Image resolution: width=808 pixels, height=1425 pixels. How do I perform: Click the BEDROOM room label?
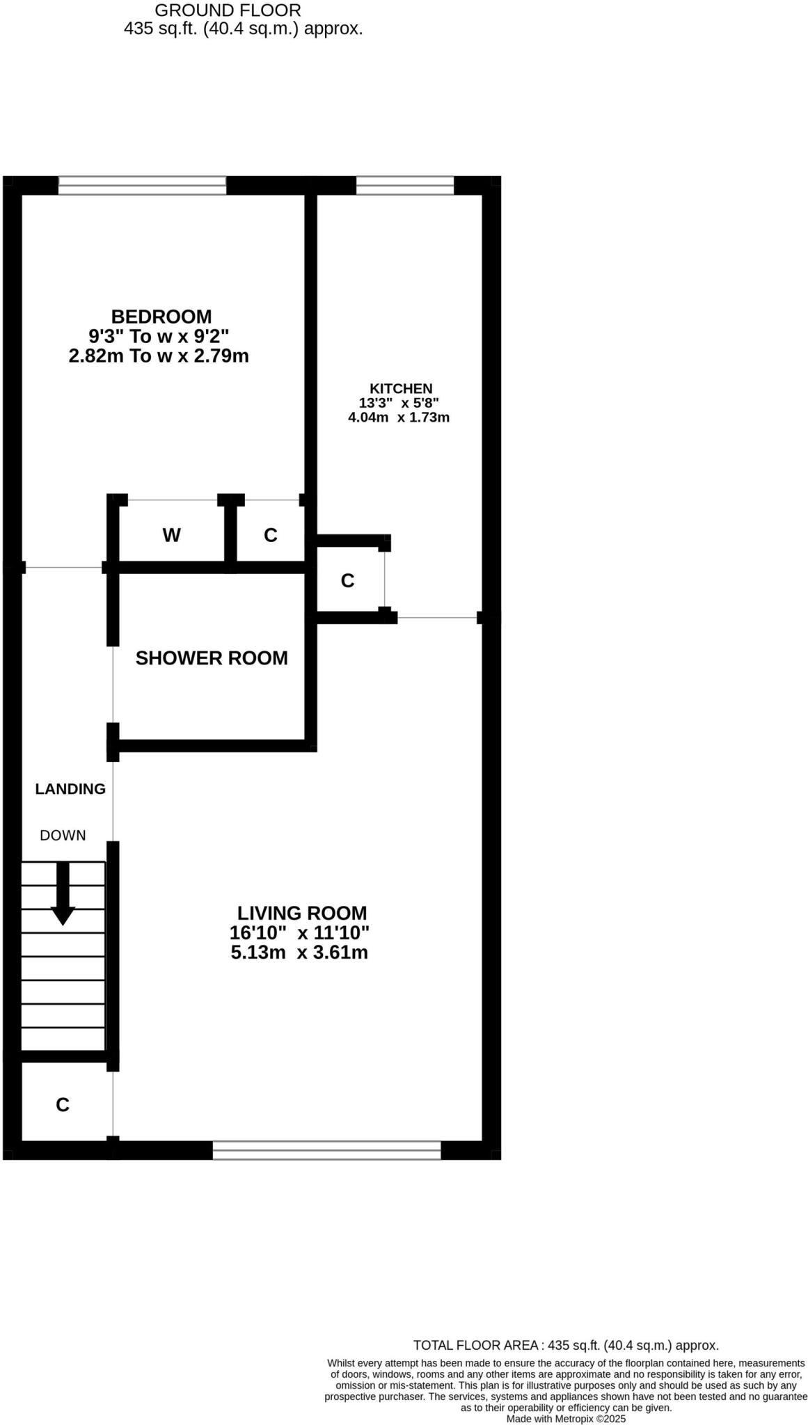161,317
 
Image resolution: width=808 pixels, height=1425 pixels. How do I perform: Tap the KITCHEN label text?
400,389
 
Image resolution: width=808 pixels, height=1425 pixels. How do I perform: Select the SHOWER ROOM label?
212,658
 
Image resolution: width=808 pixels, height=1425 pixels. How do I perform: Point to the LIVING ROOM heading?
302,913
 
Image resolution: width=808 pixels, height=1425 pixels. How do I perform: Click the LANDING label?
70,789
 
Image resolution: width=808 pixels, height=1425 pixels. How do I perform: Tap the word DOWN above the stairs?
63,836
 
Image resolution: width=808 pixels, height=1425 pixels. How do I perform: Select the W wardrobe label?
171,535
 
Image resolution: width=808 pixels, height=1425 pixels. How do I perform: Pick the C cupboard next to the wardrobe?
271,535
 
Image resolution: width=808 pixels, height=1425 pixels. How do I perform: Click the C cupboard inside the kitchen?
348,580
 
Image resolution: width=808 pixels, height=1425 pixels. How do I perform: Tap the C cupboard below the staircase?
63,1105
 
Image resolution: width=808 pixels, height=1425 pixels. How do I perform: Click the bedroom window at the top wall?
142,185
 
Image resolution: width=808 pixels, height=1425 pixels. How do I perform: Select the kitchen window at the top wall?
405,185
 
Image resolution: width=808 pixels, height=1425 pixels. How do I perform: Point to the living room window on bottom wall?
326,1150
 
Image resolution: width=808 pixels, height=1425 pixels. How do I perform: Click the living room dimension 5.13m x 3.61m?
299,953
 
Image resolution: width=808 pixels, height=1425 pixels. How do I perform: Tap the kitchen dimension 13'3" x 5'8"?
399,403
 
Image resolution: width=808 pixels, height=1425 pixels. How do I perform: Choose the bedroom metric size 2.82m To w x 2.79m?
159,356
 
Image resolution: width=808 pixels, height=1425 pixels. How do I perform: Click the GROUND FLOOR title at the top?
228,10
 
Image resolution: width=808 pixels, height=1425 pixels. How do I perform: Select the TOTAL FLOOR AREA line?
566,1346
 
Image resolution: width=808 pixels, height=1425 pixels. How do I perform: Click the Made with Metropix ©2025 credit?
566,1419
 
